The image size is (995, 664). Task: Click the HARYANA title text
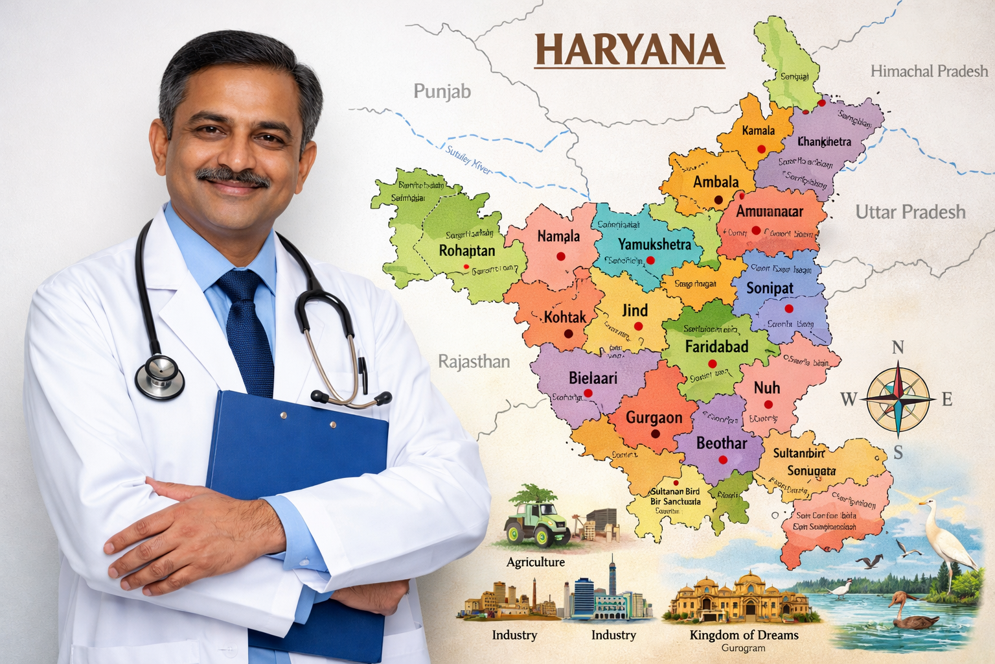click(630, 50)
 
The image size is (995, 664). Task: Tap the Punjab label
click(442, 91)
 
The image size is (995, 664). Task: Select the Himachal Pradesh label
click(929, 71)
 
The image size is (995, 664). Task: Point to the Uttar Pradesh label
click(910, 211)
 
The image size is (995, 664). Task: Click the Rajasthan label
click(474, 361)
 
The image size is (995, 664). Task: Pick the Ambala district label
click(715, 182)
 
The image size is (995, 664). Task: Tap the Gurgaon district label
click(654, 418)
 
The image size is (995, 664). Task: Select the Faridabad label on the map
click(716, 346)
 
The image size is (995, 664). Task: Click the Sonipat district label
click(770, 288)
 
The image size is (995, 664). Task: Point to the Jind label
click(635, 310)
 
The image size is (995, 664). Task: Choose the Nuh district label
click(766, 388)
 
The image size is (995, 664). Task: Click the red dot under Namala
click(560, 257)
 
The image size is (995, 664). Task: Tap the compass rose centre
click(898, 398)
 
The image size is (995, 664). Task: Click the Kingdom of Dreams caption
click(744, 635)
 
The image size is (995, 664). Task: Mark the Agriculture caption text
click(535, 562)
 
